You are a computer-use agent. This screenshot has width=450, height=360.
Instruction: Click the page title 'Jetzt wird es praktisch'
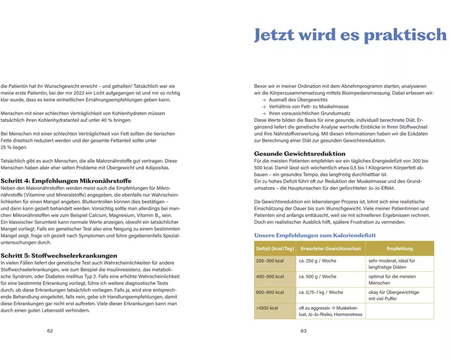[350, 35]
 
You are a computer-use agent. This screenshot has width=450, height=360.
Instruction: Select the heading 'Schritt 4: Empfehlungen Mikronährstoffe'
[66, 180]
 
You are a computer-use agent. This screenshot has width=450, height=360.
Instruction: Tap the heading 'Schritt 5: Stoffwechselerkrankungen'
[59, 255]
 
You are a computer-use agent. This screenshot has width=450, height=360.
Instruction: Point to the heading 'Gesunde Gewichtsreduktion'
[300, 153]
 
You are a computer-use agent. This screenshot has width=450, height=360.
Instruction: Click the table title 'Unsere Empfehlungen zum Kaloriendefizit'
[315, 235]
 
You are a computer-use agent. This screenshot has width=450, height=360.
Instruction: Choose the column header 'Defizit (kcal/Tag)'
[275, 248]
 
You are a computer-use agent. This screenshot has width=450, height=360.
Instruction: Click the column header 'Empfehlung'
[400, 248]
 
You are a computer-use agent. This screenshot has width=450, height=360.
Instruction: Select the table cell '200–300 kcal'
[270, 261]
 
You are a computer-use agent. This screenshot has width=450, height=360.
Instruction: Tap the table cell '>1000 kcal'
[267, 308]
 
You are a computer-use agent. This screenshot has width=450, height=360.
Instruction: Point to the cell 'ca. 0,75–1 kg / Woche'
[321, 292]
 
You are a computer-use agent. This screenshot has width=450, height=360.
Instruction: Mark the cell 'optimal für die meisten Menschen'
[392, 279]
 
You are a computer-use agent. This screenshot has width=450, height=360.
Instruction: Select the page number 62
[50, 331]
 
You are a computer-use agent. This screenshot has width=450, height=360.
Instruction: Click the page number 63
[303, 331]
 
